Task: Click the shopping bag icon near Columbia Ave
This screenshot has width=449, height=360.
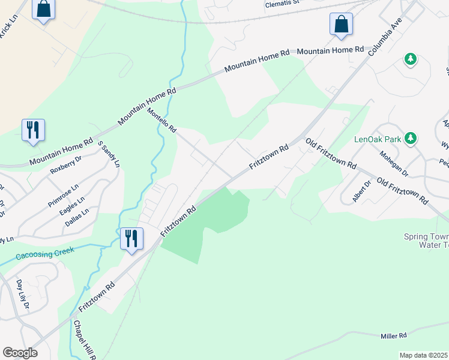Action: coord(341,25)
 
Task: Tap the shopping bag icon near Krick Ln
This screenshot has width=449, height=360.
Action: coord(43,10)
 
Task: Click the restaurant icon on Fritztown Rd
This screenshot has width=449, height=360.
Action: coord(131,239)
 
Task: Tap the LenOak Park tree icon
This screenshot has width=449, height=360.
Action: coord(411,139)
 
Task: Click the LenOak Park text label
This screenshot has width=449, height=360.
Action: coord(377,139)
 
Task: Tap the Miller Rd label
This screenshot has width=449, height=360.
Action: coord(394,335)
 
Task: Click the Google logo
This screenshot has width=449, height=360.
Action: coord(20,353)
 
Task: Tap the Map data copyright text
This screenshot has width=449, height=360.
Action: coord(424,355)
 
